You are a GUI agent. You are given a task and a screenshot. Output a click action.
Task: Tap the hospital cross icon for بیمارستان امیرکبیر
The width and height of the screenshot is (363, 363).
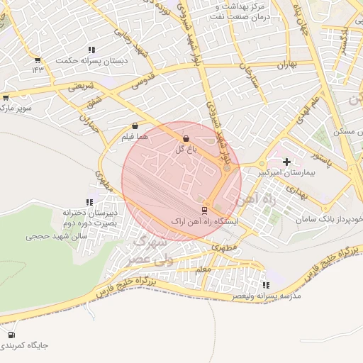286,162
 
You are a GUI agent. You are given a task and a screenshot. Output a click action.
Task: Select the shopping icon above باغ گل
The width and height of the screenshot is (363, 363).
186,138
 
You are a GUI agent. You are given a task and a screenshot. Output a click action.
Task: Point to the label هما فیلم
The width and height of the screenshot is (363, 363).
135,136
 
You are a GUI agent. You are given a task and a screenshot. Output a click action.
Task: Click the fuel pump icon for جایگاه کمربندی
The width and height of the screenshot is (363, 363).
11,335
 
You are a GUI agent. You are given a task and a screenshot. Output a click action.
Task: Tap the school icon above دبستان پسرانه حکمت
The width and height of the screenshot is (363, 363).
91,50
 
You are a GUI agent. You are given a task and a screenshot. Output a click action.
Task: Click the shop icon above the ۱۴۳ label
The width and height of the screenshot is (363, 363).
38,60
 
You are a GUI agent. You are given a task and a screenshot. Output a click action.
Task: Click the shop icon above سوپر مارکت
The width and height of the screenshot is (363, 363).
6,98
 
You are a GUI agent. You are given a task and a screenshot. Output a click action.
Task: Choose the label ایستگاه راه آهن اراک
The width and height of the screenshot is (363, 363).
206,222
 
